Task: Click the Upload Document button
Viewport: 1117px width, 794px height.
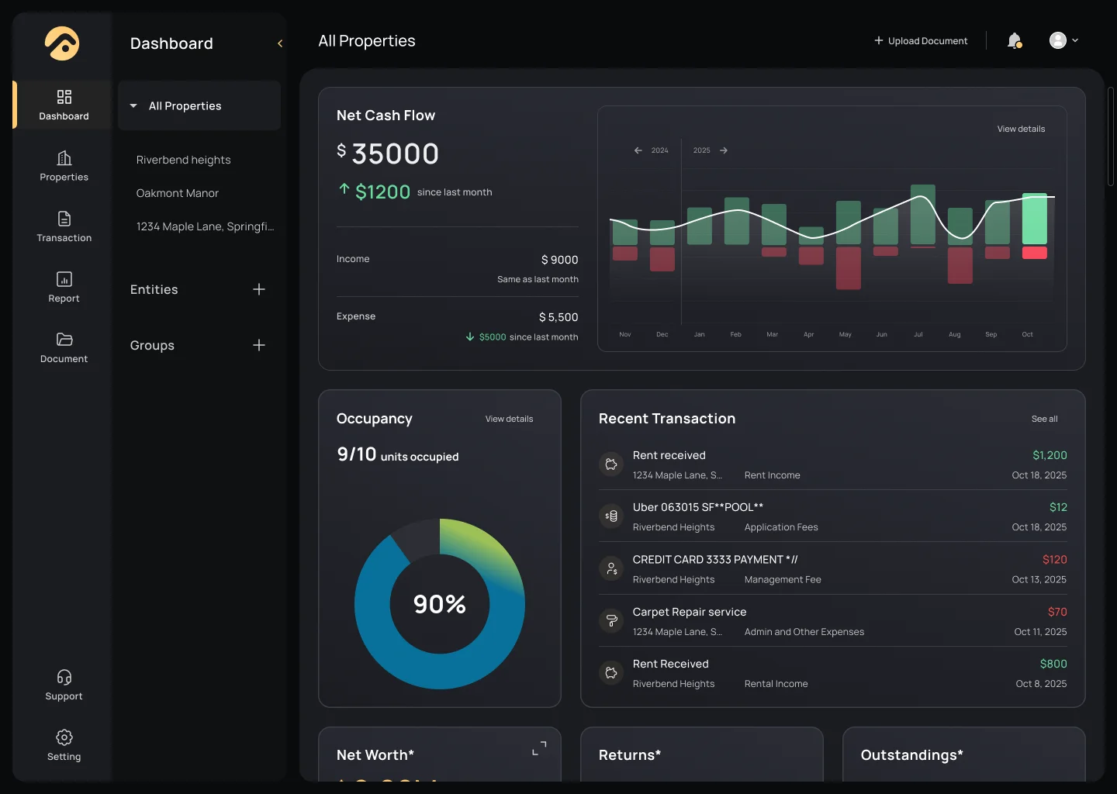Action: (921, 41)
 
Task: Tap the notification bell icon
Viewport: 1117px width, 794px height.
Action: (1014, 40)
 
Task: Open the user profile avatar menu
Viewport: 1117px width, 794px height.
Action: (1063, 40)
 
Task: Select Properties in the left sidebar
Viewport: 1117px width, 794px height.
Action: (64, 166)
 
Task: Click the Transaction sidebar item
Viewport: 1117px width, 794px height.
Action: (64, 226)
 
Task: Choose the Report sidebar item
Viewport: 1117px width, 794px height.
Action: (64, 287)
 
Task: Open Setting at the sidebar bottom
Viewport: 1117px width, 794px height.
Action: (64, 745)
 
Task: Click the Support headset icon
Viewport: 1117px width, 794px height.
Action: (64, 678)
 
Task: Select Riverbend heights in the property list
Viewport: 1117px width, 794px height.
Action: (184, 160)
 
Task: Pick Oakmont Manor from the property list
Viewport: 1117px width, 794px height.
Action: (178, 193)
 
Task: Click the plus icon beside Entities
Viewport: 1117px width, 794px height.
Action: (259, 289)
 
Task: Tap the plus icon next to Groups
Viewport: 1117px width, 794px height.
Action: (259, 345)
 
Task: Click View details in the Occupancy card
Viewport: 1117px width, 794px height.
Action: (509, 419)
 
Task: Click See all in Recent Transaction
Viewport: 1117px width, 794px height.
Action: (1044, 419)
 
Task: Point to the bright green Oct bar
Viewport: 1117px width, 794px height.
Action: (1035, 219)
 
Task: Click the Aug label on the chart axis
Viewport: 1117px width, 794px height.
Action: (955, 335)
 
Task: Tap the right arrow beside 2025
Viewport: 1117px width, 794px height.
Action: (724, 150)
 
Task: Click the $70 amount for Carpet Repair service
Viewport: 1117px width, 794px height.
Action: (1057, 612)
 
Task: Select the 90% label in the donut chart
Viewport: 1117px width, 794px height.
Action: (440, 604)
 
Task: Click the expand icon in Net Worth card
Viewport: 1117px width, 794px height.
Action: (539, 748)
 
